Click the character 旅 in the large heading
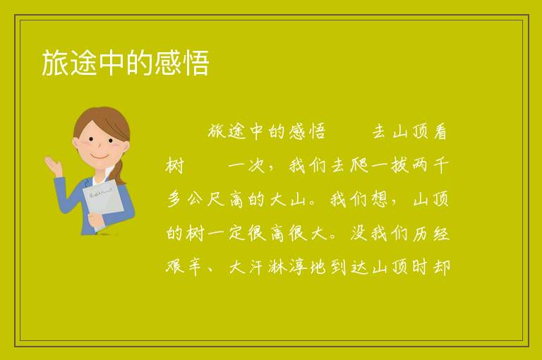[55, 63]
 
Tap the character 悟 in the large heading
[195, 63]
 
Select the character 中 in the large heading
[112, 63]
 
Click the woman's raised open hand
[54, 166]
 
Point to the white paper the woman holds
[103, 203]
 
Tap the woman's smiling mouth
[100, 157]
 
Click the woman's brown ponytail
[120, 172]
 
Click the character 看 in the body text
[440, 131]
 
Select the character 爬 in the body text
[359, 165]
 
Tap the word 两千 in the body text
[430, 165]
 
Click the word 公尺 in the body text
[206, 199]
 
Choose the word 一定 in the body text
[227, 234]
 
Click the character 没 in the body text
[359, 234]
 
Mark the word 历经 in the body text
[430, 234]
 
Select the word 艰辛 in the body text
[184, 268]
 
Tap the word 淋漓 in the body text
[288, 268]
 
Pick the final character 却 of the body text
[441, 268]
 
